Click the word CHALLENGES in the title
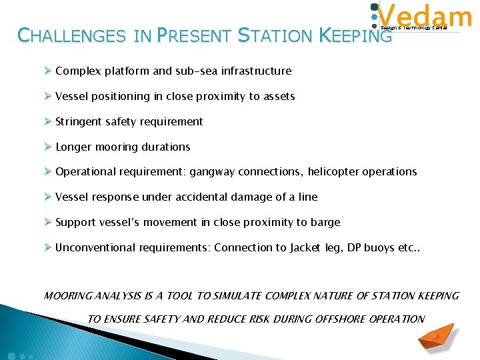pyautogui.click(x=71, y=35)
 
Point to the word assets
pyautogui.click(x=279, y=96)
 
